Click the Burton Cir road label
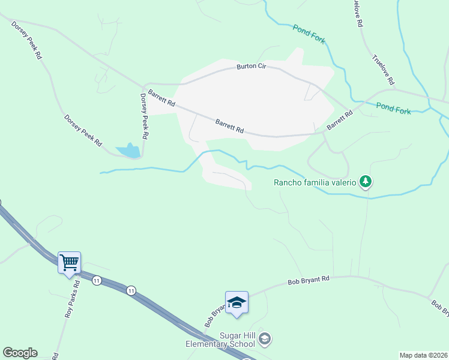coord(250,66)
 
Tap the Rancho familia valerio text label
coord(315,182)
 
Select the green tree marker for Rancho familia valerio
coord(365,182)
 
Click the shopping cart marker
coord(69,262)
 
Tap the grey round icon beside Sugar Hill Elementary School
coord(265,340)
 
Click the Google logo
coord(20,353)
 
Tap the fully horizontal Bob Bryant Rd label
coord(309,280)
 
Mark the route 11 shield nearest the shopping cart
coord(96,280)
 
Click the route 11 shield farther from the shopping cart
coord(131,291)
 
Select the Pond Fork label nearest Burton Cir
coord(309,34)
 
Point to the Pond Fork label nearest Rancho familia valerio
coord(394,108)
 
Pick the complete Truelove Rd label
coord(382,70)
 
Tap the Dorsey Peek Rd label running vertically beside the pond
coord(144,116)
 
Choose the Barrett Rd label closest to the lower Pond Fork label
coord(339,119)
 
